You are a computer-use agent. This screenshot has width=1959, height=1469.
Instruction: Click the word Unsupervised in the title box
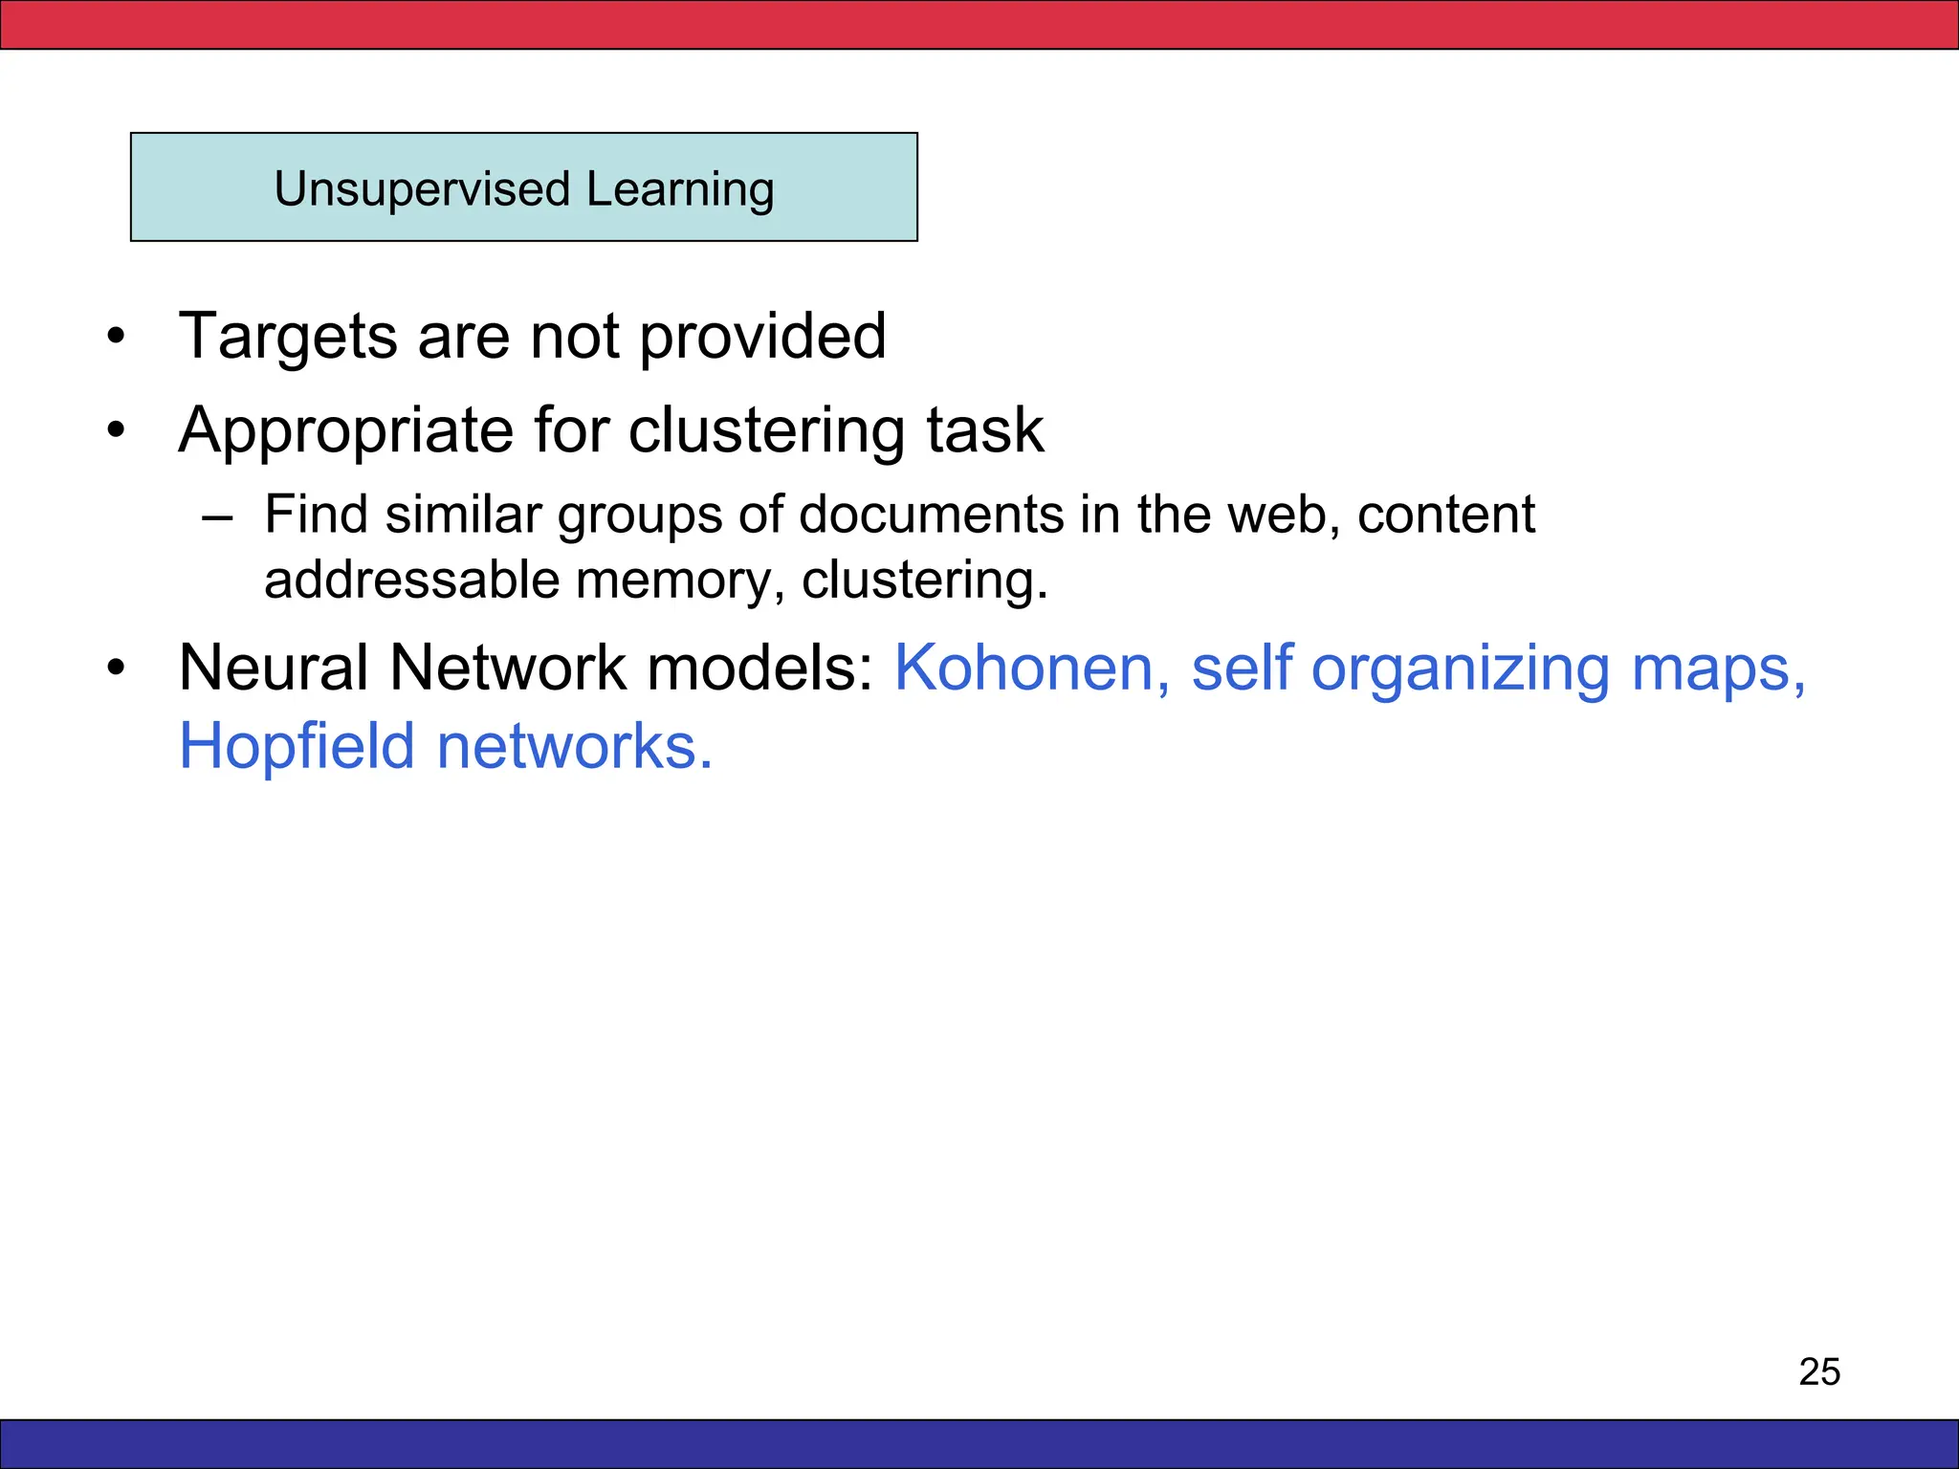(422, 189)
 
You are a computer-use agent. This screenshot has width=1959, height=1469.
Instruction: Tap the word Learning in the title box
(680, 189)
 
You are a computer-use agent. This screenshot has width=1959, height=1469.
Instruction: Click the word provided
(762, 337)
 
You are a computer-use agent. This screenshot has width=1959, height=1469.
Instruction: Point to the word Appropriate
(345, 429)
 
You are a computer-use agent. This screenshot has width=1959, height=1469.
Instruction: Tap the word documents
(931, 515)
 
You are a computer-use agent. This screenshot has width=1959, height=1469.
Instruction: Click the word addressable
(411, 580)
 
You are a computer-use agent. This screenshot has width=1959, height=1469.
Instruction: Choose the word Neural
(274, 667)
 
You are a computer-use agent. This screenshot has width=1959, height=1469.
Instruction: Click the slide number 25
(1819, 1371)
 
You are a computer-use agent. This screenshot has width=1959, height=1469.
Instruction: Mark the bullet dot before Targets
(116, 337)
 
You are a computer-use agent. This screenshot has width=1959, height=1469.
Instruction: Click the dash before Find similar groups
(217, 516)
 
